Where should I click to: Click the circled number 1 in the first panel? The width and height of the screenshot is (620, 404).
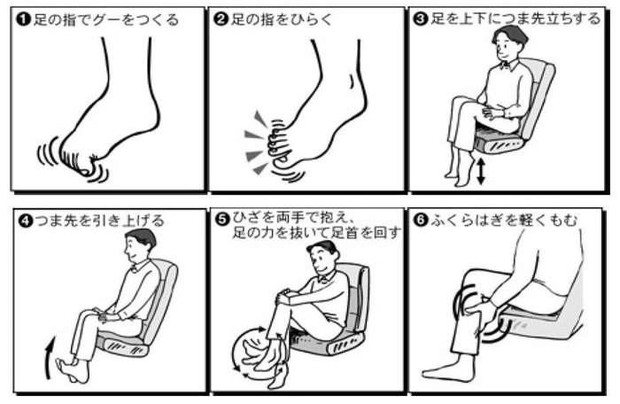point(24,19)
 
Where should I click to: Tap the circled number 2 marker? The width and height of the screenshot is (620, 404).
point(221,19)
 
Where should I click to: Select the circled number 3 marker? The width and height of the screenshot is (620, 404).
point(421,19)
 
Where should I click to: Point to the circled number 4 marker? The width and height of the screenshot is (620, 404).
point(26,221)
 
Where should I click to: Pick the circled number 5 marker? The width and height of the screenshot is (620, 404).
point(223,219)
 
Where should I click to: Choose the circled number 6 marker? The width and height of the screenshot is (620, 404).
point(421,220)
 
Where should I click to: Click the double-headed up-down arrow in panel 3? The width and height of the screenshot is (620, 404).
point(480,171)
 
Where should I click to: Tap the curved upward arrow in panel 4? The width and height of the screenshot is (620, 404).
point(49,357)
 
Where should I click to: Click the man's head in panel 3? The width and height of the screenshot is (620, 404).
point(508,43)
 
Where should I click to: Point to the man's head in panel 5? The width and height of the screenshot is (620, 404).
point(322,260)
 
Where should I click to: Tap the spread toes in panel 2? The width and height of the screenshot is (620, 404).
point(279,144)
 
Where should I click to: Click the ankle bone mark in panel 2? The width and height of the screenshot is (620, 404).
point(352,81)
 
